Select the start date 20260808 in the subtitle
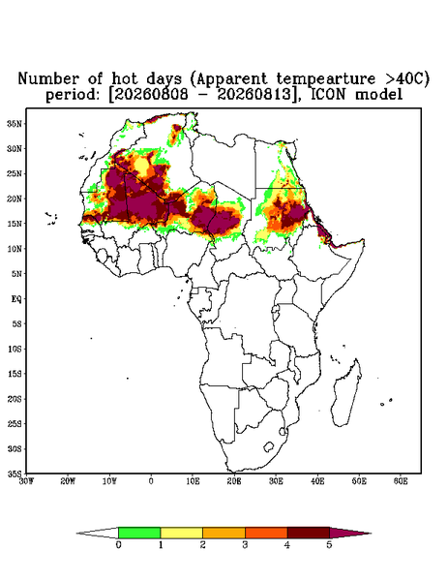point(150,95)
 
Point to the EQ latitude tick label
point(16,298)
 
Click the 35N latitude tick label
point(15,123)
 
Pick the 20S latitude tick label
point(15,399)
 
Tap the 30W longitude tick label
point(26,481)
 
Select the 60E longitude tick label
point(401,481)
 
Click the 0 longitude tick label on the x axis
point(151,481)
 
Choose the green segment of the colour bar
point(139,533)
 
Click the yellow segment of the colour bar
point(181,533)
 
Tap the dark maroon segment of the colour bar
point(309,533)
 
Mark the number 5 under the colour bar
point(329,545)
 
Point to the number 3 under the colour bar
point(245,545)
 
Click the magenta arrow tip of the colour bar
point(350,533)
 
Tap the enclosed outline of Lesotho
point(269,446)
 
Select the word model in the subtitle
point(378,95)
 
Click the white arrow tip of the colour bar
point(98,533)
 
